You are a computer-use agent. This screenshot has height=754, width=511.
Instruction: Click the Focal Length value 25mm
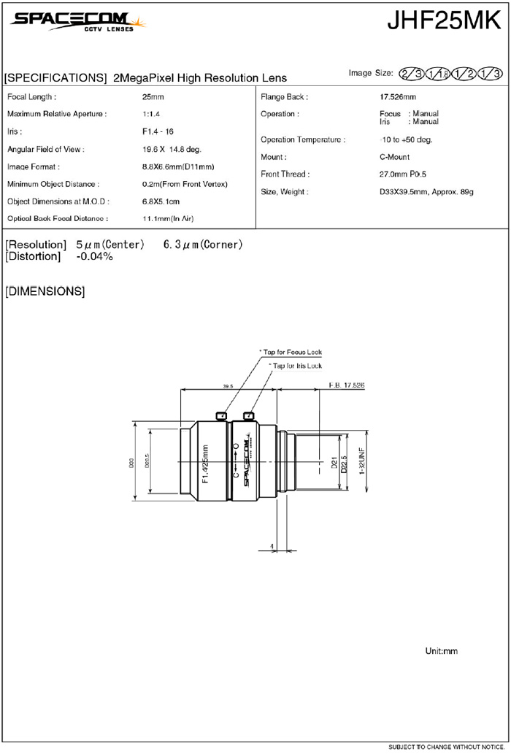[153, 97]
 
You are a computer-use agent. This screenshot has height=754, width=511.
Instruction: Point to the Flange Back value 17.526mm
[398, 97]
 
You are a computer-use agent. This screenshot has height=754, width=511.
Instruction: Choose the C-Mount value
[395, 158]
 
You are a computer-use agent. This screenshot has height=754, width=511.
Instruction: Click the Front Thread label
[285, 174]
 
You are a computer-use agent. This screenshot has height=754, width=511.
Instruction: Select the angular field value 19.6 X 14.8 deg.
[172, 149]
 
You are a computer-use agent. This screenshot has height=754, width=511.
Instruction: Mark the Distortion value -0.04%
[95, 257]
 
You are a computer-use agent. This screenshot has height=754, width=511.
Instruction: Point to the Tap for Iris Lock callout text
[295, 365]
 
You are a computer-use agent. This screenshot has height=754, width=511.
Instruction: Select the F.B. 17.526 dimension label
[347, 385]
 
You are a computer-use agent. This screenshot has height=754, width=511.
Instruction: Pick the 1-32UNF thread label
[361, 461]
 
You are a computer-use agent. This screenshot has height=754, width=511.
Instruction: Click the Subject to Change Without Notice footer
[446, 747]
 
